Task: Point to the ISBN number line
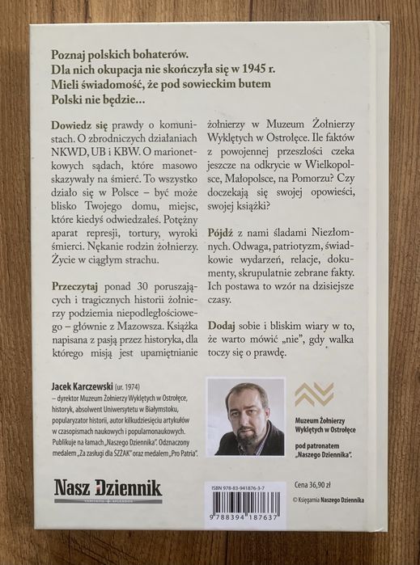point(244,485)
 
